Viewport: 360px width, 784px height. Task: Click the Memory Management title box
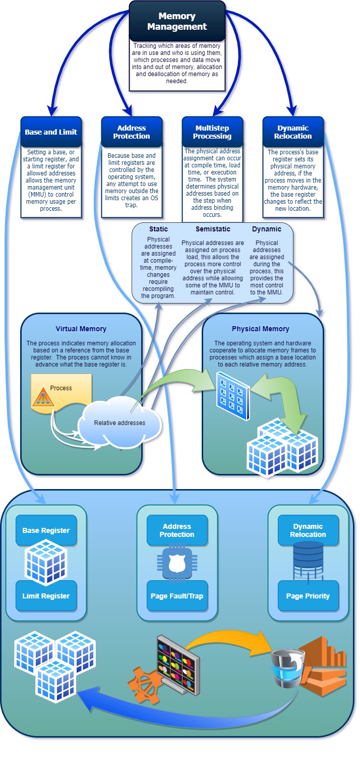[x=176, y=21]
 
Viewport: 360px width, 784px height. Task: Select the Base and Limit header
[x=51, y=132]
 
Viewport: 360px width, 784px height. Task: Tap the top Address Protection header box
[x=132, y=132]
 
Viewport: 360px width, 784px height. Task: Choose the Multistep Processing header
[x=212, y=132]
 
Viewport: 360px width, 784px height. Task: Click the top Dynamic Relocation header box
[x=293, y=132]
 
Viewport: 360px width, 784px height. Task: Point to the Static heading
[x=158, y=229]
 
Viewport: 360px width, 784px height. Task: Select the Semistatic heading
[x=213, y=229]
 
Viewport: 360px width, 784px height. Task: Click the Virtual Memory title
[x=81, y=329]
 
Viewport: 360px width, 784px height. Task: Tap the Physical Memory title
[x=260, y=329]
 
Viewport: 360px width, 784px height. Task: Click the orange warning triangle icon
[x=43, y=399]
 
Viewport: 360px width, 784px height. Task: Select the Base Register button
[x=46, y=530]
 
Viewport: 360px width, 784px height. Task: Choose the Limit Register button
[x=46, y=595]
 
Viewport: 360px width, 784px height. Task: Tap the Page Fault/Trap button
[x=177, y=595]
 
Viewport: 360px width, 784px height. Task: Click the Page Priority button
[x=308, y=595]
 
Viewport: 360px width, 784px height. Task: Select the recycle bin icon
[x=285, y=668]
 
